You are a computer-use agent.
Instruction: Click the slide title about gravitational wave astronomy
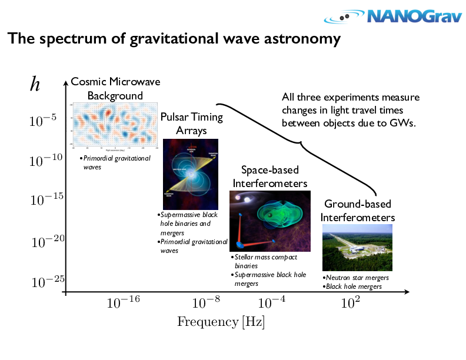pyautogui.click(x=174, y=39)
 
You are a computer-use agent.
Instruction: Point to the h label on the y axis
pyautogui.click(x=35, y=85)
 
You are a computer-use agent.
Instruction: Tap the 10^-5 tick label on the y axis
pyautogui.click(x=43, y=121)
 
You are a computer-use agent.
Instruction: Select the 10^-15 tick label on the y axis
pyautogui.click(x=46, y=200)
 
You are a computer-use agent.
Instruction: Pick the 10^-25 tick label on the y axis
pyautogui.click(x=46, y=282)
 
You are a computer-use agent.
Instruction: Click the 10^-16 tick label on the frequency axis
pyautogui.click(x=123, y=303)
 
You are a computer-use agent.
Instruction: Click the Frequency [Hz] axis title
pyautogui.click(x=221, y=322)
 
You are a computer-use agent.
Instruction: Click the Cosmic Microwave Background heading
pyautogui.click(x=115, y=88)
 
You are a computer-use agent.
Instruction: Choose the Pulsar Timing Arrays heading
pyautogui.click(x=191, y=124)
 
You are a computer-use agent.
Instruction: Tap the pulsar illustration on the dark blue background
pyautogui.click(x=190, y=174)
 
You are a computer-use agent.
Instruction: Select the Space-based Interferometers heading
pyautogui.click(x=270, y=176)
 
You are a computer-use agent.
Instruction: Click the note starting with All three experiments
pyautogui.click(x=351, y=110)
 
